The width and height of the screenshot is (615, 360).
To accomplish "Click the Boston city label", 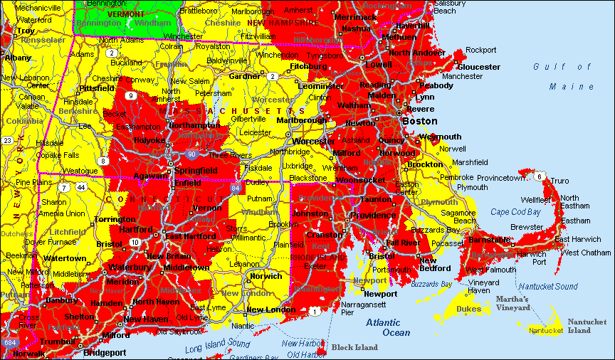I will click(x=420, y=121).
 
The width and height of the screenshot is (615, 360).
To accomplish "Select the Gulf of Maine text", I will click(x=562, y=76).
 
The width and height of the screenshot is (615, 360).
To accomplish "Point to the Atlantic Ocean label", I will click(x=389, y=327).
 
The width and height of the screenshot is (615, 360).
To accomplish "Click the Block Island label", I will click(x=354, y=347).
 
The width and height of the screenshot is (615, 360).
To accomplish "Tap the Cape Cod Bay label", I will click(x=516, y=212).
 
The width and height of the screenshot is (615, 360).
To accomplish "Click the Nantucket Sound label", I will click(x=547, y=286).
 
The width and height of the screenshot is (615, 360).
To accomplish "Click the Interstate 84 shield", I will click(x=236, y=187).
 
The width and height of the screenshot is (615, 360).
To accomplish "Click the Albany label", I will click(x=18, y=57).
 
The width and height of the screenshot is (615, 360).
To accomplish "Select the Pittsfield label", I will click(x=96, y=88).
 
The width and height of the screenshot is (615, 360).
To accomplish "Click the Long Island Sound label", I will click(x=218, y=346).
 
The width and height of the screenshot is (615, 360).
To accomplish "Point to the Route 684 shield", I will click(x=9, y=343).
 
